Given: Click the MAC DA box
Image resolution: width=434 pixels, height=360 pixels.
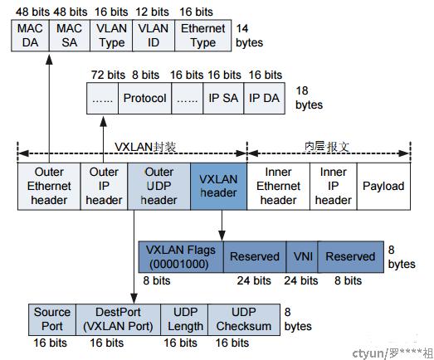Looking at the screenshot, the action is click(x=30, y=36).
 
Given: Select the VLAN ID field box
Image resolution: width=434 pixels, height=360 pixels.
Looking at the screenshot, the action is click(x=154, y=36).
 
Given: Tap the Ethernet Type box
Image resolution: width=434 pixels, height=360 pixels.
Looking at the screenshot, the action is click(x=203, y=36).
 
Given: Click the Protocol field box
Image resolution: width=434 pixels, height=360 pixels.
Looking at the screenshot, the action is click(x=144, y=98).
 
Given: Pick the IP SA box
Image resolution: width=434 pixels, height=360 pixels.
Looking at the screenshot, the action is click(x=223, y=98).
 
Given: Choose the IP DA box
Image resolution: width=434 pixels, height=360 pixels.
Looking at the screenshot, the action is click(x=265, y=98).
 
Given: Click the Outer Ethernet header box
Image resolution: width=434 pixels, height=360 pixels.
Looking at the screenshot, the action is click(x=49, y=187).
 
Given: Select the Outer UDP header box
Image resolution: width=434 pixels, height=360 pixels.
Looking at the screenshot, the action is click(x=158, y=187).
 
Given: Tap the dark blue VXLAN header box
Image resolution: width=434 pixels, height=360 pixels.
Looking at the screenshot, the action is click(x=219, y=187).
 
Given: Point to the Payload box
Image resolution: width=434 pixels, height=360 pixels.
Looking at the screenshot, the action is click(x=383, y=187).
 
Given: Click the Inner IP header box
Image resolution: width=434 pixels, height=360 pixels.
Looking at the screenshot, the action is click(x=334, y=187).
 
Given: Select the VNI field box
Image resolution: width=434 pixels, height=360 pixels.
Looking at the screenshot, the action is click(x=302, y=257).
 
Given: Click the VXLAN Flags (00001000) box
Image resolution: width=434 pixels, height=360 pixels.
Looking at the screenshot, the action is click(x=181, y=257).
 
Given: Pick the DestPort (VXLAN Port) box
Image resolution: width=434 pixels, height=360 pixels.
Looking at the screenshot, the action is click(x=118, y=319).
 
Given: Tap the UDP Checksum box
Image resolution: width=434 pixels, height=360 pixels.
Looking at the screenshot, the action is click(x=244, y=319).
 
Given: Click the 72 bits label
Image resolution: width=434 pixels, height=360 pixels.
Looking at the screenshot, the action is click(x=108, y=75).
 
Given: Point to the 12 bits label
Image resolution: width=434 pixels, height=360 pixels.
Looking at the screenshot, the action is click(x=152, y=12).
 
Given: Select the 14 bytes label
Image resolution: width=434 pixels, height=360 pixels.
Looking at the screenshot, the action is click(x=250, y=36).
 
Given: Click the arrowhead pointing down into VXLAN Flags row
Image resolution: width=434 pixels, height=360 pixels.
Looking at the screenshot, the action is click(x=222, y=235).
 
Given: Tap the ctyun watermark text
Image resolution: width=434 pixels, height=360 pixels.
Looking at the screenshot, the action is click(x=393, y=353).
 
